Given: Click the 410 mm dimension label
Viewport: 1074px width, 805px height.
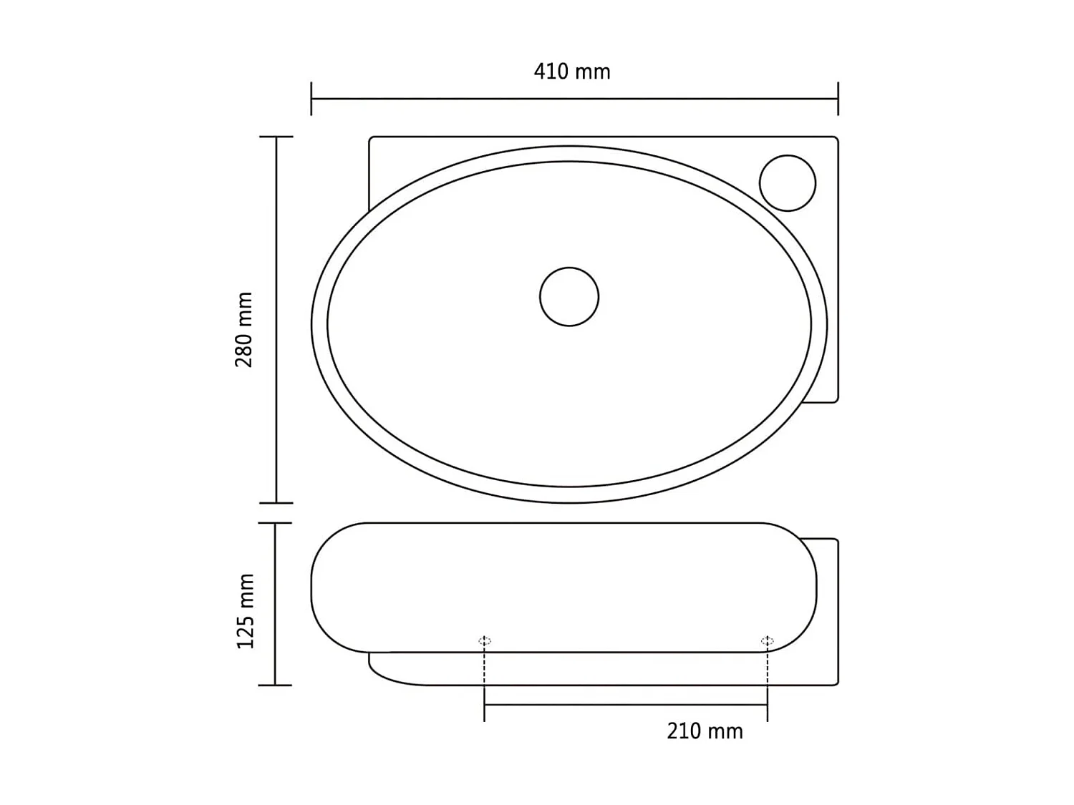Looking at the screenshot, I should coord(571,72).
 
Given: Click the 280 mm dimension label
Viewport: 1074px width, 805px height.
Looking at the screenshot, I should coord(245,329).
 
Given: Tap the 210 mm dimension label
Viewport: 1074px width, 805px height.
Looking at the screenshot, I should coord(705,731).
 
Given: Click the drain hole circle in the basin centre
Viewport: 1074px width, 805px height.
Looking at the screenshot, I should coord(569,296).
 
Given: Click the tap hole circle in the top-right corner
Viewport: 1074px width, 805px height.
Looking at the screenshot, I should coord(787,183).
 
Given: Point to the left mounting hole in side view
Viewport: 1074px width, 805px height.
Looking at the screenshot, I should coord(485,640).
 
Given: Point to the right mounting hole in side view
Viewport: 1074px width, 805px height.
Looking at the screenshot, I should coord(767,640).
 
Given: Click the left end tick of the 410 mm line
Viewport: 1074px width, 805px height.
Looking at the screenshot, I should coord(311,99).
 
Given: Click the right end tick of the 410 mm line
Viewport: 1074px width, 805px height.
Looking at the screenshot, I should coord(838,99).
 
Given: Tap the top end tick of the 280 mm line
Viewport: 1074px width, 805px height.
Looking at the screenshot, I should coord(276,137).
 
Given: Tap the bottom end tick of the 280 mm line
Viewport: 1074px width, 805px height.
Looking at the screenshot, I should coord(276,503).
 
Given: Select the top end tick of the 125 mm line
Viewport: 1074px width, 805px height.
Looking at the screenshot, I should coord(275,523).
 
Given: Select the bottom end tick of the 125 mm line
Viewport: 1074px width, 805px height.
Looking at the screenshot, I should coord(275,685).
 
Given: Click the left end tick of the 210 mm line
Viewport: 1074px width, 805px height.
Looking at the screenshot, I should coord(485,705).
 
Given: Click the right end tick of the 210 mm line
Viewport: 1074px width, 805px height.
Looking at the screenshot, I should coord(767,705).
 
